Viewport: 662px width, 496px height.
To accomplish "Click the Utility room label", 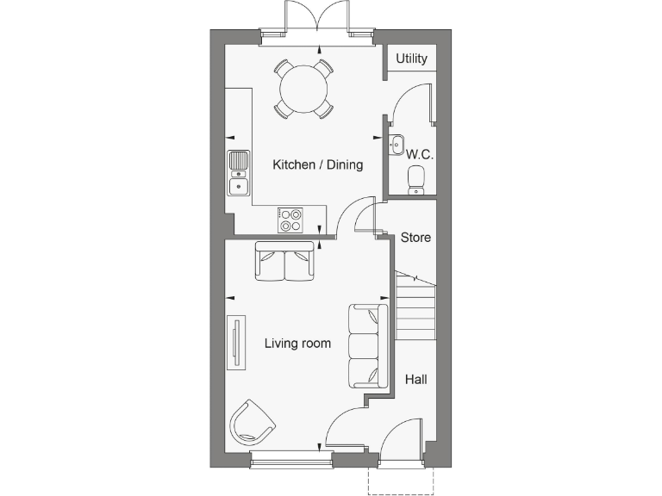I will coord(411,59).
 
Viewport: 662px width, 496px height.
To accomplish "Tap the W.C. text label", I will coord(419,155).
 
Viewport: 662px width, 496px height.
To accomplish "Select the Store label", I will coord(415,237).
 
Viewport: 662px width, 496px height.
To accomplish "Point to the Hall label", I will coord(415,378).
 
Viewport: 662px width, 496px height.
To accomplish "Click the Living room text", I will coord(297,343).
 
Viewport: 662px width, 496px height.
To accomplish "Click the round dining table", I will coord(303,87).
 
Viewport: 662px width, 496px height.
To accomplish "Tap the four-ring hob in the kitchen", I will coord(290,220).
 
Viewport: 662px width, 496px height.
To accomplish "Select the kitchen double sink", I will coord(238,172).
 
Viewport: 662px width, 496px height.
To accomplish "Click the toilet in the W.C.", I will coord(415,178).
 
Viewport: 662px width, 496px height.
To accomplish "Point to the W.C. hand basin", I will coord(397,144).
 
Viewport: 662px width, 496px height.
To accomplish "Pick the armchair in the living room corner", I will coord(251,421).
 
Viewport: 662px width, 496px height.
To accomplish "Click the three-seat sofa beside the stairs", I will coord(366,345).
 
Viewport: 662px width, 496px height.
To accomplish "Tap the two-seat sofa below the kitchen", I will coord(284,261).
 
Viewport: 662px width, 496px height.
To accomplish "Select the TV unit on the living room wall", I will coord(234,342).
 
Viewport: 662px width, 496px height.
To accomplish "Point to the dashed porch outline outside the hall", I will coord(403,482).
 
